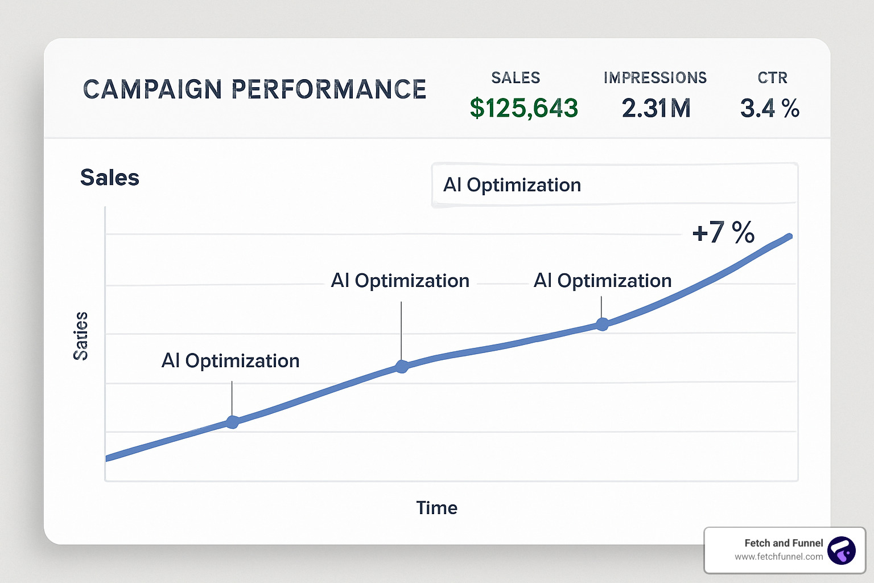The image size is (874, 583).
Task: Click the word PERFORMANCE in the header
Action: coord(329,90)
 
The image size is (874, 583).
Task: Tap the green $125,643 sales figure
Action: coord(523,108)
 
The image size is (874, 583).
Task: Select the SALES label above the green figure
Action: coord(516,78)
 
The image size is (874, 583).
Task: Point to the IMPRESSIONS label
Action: coord(655,78)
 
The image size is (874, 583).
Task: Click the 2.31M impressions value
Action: coord(656,108)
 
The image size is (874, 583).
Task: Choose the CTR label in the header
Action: coord(772,78)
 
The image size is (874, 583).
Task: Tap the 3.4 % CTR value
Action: coord(769,108)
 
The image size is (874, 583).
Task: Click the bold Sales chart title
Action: coord(110,178)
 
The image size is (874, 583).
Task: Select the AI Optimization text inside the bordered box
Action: coord(512,185)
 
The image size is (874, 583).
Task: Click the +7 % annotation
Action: coord(723,232)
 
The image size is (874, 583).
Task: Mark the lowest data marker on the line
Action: coord(232,422)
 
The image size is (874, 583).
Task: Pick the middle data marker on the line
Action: coord(402,366)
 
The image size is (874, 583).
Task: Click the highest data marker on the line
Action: coord(602,325)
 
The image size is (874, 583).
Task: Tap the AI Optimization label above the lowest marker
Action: coord(230,361)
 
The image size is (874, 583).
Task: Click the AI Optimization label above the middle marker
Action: coord(400,281)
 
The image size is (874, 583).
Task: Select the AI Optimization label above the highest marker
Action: coord(603,281)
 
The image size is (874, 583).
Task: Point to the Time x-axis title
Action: coord(436,508)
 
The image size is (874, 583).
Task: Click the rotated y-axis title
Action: coord(81,336)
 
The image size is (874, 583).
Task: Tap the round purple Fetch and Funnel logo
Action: coord(842,551)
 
